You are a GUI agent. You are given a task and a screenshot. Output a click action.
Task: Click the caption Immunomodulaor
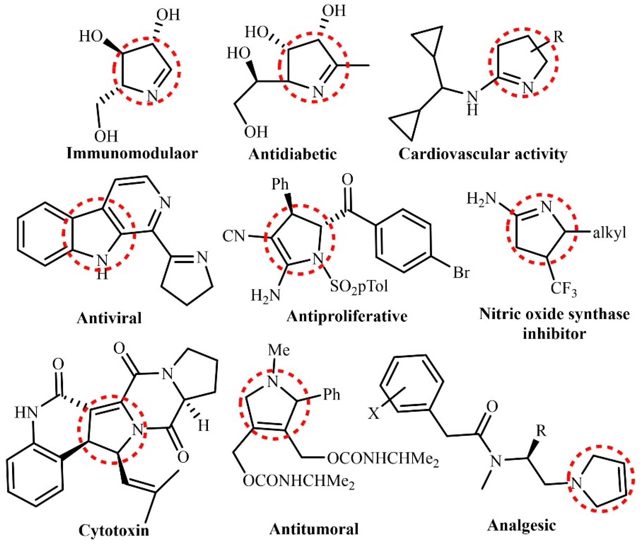(132, 153)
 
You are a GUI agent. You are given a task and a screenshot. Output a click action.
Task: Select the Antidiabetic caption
(292, 154)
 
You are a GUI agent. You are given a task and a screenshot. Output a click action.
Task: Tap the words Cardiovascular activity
(482, 154)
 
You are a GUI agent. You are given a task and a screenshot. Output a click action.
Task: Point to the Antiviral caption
(109, 317)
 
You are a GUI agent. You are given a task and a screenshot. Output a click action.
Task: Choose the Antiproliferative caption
(347, 316)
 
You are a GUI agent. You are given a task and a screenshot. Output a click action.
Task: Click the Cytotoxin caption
(114, 530)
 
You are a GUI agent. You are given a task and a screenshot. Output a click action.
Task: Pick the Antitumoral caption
(314, 529)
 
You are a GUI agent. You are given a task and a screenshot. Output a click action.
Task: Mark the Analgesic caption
(521, 525)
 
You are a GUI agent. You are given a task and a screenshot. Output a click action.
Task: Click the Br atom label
(461, 273)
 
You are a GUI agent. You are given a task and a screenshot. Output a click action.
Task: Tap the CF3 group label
(563, 289)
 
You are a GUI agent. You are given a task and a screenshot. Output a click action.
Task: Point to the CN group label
(234, 236)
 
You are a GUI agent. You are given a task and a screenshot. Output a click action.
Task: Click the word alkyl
(609, 233)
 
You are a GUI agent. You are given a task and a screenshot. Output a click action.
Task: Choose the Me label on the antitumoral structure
(279, 350)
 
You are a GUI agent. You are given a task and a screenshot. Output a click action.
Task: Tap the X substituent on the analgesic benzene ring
(374, 414)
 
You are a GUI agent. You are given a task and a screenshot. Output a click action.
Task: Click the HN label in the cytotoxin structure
(26, 413)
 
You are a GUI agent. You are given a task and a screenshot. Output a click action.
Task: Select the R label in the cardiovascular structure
(558, 37)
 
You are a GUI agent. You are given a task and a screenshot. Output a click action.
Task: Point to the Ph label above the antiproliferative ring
(280, 184)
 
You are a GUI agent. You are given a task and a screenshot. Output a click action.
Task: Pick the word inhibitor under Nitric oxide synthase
(554, 334)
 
